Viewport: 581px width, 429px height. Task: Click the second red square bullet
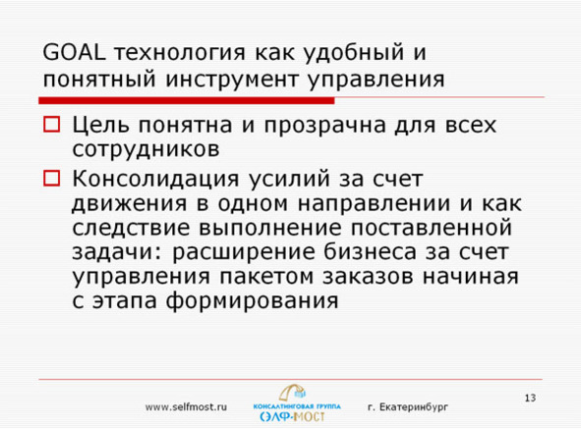pos(53,179)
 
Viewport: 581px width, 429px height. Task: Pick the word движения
pos(126,204)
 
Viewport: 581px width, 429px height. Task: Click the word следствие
pos(131,228)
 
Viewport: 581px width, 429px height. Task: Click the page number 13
pos(530,398)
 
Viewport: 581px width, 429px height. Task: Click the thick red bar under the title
pos(187,100)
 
